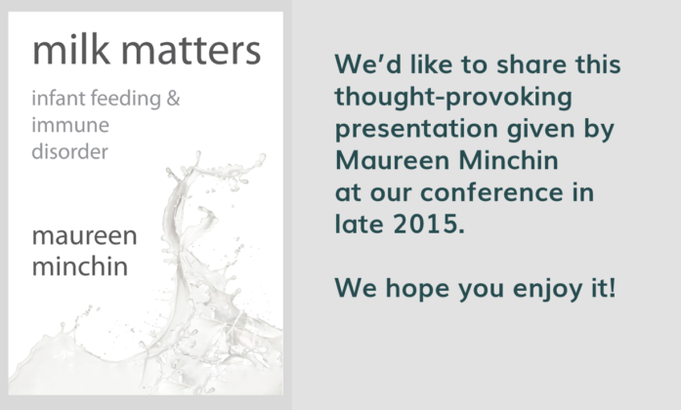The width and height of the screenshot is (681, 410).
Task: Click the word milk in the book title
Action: click(x=71, y=50)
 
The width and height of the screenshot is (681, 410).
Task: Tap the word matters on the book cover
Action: click(x=191, y=52)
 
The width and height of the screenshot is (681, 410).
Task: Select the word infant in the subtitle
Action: click(x=59, y=98)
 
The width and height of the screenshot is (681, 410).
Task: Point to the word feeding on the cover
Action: click(x=126, y=99)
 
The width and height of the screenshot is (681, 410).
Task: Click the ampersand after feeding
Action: click(x=173, y=99)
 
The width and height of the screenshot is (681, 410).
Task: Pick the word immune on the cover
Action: click(x=70, y=125)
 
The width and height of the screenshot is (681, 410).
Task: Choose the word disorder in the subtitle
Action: click(x=70, y=151)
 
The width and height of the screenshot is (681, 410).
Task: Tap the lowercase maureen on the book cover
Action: click(x=85, y=236)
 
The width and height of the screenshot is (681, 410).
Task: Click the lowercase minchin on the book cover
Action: click(x=80, y=266)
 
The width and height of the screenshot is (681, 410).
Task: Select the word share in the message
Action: click(x=532, y=64)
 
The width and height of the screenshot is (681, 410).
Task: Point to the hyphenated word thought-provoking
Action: click(x=453, y=98)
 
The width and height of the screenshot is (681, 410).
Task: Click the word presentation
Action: click(x=416, y=129)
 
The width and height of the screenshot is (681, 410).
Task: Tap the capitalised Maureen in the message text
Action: click(x=393, y=160)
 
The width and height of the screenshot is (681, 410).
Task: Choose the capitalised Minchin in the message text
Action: click(x=509, y=160)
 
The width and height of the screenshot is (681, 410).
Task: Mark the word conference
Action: click(x=491, y=192)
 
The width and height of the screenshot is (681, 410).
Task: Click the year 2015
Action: click(x=429, y=224)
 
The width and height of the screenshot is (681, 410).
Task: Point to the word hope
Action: click(x=417, y=289)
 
